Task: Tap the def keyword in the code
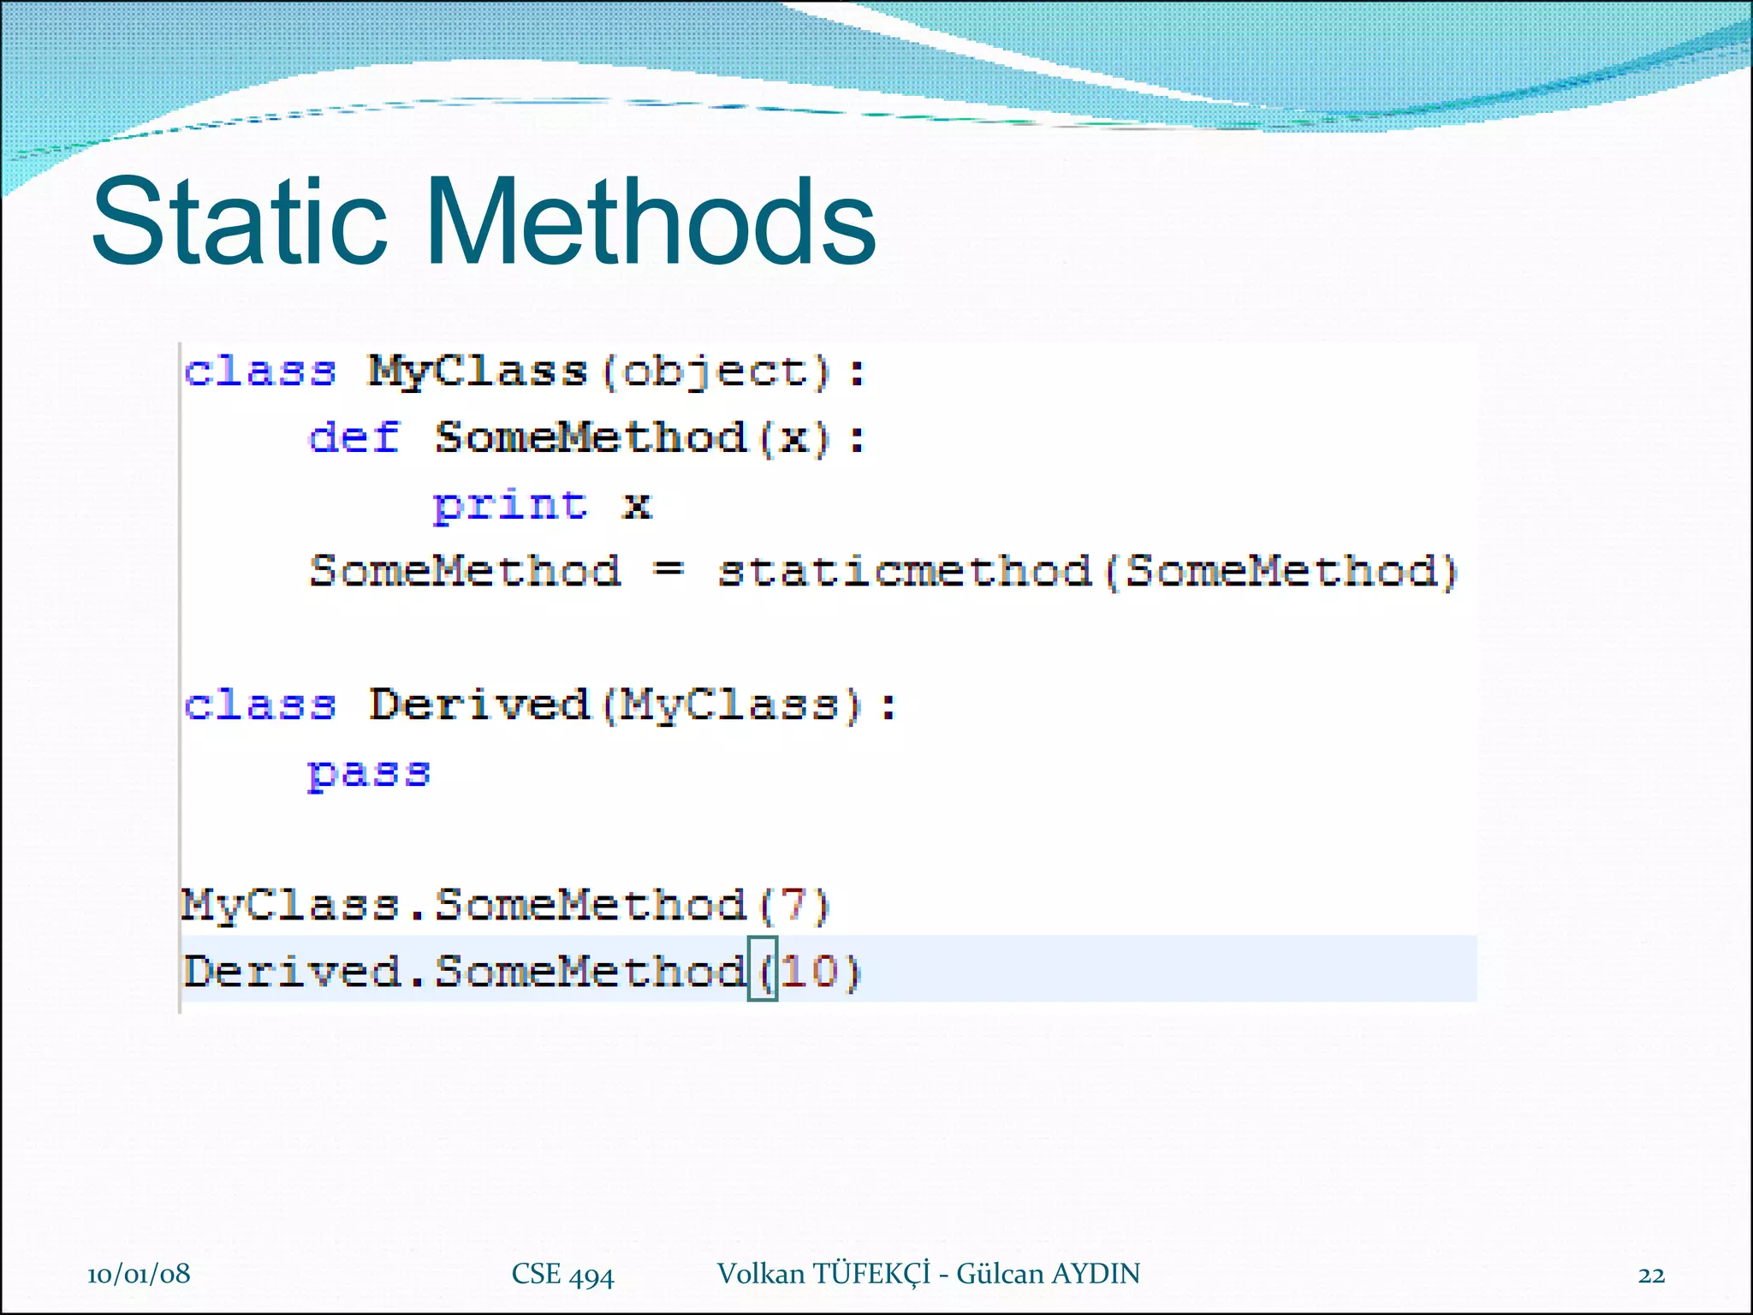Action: click(x=354, y=437)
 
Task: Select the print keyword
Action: click(x=510, y=504)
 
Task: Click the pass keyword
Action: click(x=369, y=773)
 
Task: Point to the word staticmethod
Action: click(x=905, y=571)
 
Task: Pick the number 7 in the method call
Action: click(x=794, y=905)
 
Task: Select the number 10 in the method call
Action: click(x=809, y=972)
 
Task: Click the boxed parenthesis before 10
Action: click(x=763, y=970)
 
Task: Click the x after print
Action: click(x=636, y=505)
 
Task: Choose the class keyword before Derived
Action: click(x=260, y=705)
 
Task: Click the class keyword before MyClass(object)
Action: click(x=260, y=372)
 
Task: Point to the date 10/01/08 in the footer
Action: click(x=139, y=1274)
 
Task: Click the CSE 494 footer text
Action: click(x=562, y=1275)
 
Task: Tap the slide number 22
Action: click(x=1651, y=1275)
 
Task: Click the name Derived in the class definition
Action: click(x=479, y=705)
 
